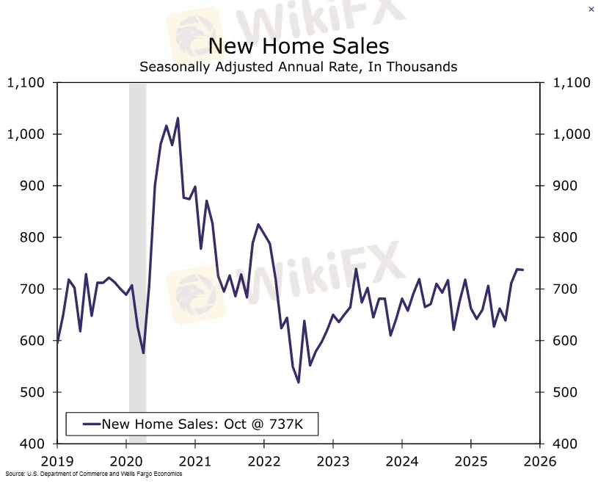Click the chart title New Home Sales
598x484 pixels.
coord(298,46)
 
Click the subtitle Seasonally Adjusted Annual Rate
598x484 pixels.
coord(298,67)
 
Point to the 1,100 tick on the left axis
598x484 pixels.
coord(26,83)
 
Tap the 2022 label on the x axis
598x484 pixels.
coord(264,462)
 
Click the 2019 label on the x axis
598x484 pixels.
coord(57,462)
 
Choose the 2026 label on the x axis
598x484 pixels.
coord(539,462)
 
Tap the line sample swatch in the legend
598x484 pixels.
coord(91,424)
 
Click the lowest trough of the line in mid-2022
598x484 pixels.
coord(299,382)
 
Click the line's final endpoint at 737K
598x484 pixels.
coord(523,270)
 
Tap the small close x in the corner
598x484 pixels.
coord(591,9)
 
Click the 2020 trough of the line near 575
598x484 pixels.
coord(143,353)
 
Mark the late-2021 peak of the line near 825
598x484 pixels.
coord(258,224)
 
